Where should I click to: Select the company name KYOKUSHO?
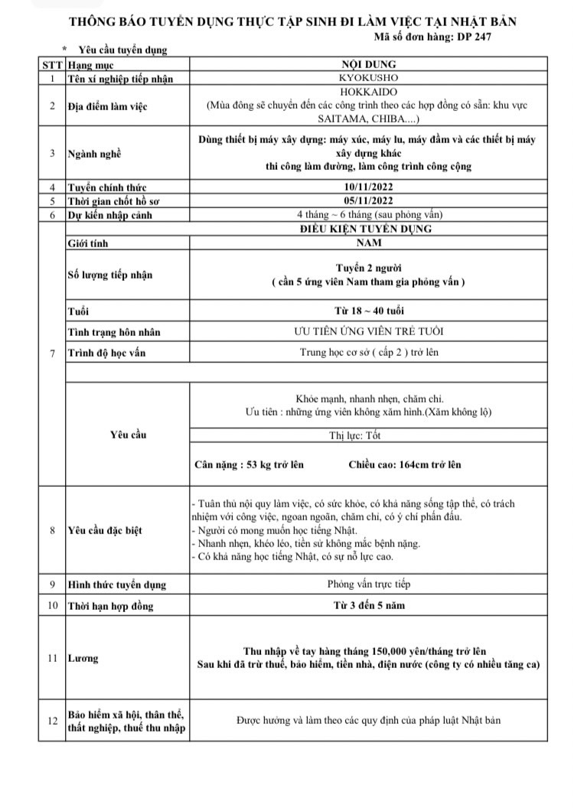(367, 78)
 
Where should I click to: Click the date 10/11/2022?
(367, 187)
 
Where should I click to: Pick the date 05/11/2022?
(367, 201)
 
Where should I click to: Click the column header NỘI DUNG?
(367, 65)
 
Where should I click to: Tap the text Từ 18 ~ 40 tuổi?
(367, 311)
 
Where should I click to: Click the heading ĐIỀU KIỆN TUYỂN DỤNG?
(367, 228)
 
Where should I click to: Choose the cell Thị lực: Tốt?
(367, 435)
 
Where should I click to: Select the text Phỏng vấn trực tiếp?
(367, 584)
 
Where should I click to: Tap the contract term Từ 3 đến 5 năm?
(367, 605)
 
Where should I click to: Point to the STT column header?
(52, 65)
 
